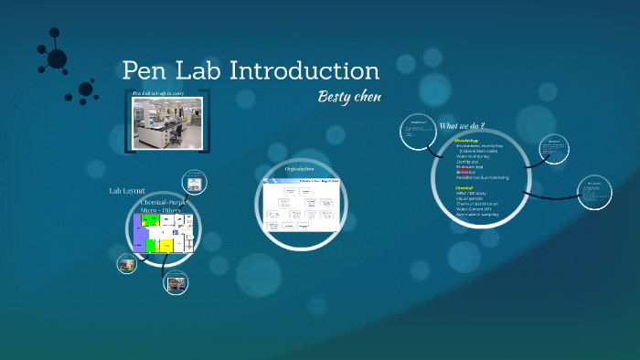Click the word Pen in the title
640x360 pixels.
[146, 70]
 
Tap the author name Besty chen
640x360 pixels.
[348, 97]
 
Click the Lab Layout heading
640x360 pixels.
[127, 191]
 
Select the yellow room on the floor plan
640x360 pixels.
[166, 245]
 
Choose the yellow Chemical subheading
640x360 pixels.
[464, 187]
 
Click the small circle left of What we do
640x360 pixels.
[418, 135]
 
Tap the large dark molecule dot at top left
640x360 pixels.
[57, 59]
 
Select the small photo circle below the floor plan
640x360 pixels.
[176, 282]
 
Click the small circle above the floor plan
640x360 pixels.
[194, 180]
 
